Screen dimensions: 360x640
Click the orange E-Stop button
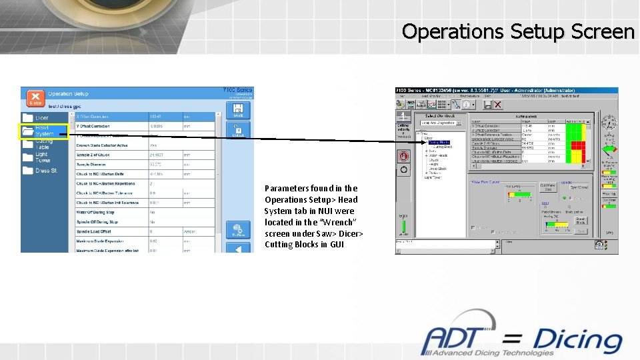35,97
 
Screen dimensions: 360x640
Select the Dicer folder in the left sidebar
41,118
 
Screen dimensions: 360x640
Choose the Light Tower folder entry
41,157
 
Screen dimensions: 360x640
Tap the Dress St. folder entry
45,171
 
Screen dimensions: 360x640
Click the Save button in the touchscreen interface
238,109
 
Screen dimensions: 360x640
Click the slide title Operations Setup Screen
518,31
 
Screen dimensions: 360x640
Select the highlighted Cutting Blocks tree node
439,143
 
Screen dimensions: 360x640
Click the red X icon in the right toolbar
497,105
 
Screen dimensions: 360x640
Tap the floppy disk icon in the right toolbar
487,105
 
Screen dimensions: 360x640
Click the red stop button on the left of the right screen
403,156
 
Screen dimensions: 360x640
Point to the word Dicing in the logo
577,341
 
